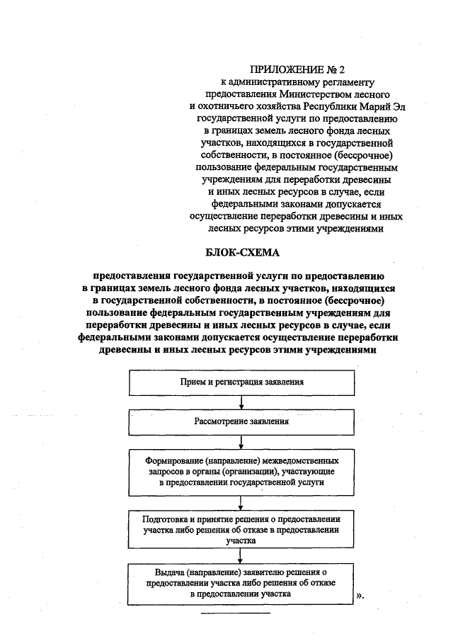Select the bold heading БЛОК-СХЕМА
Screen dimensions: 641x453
[x=240, y=252]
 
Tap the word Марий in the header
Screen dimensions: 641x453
[x=374, y=106]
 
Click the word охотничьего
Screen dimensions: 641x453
[x=229, y=106]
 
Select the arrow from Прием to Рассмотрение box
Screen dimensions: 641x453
[x=242, y=402]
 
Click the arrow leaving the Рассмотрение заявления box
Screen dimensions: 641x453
[x=242, y=441]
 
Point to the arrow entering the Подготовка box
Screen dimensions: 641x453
[x=242, y=501]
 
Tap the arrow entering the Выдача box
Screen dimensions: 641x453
[x=242, y=556]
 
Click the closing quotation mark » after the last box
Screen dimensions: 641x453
[x=360, y=595]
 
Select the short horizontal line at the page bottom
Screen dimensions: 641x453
[x=236, y=612]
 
